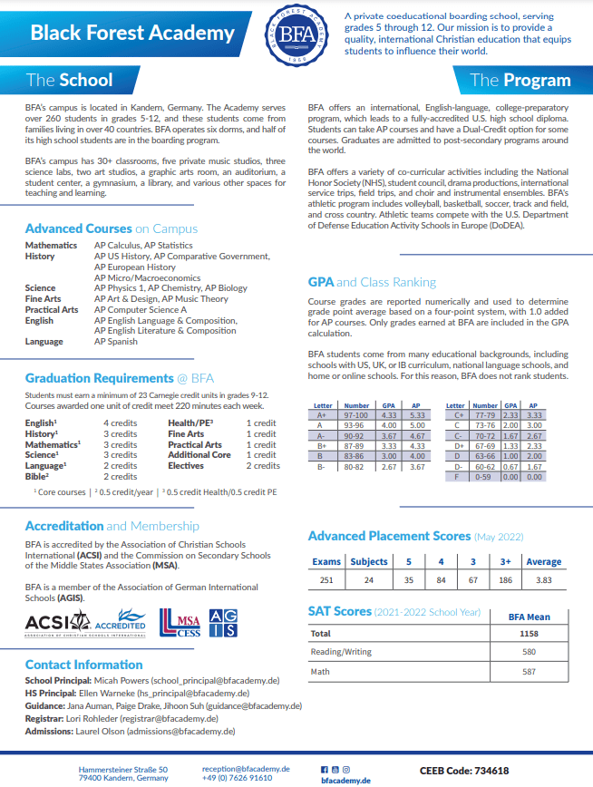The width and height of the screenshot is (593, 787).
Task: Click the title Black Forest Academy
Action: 132,34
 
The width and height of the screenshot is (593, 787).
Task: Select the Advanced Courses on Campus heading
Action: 111,228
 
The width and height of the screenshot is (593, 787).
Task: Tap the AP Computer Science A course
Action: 141,309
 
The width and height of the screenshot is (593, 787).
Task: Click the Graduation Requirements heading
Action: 120,378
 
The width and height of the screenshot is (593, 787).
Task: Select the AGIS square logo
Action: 223,622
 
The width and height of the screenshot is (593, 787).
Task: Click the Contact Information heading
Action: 84,665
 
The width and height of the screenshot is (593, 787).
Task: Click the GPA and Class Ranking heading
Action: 372,282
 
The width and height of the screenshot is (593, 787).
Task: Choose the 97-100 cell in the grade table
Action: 356,414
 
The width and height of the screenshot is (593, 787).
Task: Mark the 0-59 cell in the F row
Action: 485,476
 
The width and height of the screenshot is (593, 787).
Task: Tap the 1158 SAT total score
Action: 529,634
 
